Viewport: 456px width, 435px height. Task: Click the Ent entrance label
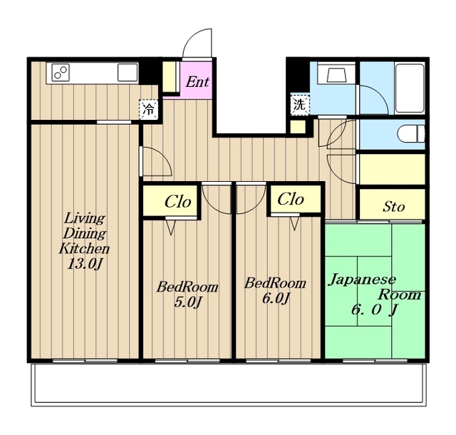click(197, 82)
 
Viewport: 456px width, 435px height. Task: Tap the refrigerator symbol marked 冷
click(149, 110)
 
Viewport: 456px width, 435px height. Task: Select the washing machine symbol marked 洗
click(299, 105)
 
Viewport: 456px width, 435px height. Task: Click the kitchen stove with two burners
click(61, 73)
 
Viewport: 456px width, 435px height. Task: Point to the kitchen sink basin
click(128, 73)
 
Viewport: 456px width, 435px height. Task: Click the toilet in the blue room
click(411, 134)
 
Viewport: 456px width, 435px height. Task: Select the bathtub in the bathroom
click(410, 88)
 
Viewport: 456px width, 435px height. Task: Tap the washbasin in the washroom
click(336, 75)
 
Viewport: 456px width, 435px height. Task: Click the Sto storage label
click(393, 206)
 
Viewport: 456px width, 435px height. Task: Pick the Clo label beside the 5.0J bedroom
click(177, 201)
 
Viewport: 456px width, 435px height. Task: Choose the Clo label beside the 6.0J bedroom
click(291, 200)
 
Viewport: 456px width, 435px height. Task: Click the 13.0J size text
click(85, 264)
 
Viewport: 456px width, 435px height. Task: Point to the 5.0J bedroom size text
click(187, 302)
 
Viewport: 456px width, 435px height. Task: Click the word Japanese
click(362, 280)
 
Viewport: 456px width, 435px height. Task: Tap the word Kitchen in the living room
click(84, 249)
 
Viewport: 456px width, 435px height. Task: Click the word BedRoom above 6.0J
click(275, 283)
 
